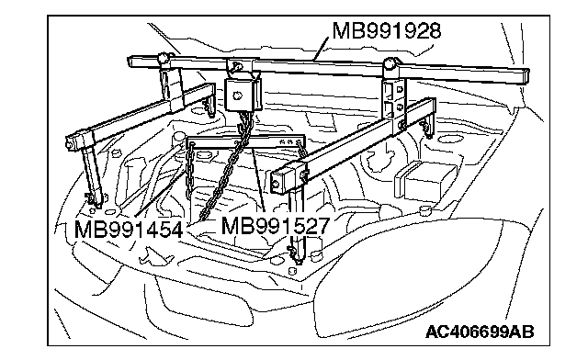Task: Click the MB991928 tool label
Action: (x=387, y=30)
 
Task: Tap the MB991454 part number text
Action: (x=129, y=229)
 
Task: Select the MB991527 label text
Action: (x=276, y=225)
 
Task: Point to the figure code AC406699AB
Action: (x=480, y=332)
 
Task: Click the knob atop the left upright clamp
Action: (x=164, y=58)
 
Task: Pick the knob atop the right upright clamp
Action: (x=390, y=62)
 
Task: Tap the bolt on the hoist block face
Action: (x=237, y=96)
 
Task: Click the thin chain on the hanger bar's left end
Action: (x=190, y=171)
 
